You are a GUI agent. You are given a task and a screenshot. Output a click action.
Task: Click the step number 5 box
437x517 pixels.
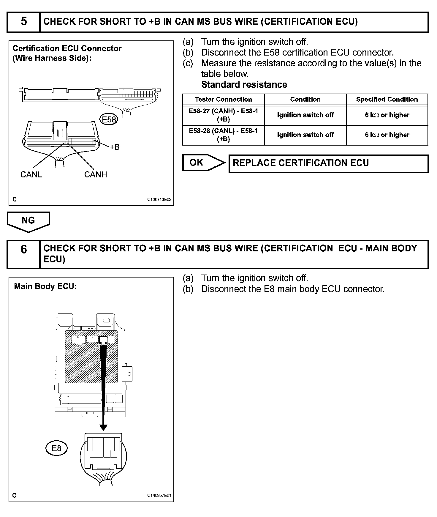(x=23, y=22)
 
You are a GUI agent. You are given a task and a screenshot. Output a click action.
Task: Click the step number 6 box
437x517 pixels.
(x=23, y=254)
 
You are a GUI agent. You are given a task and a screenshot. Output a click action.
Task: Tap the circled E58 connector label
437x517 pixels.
(x=109, y=119)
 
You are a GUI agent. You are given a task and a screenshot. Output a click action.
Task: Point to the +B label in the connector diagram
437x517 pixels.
(x=114, y=147)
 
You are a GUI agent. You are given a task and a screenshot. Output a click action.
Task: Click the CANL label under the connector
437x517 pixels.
(x=31, y=174)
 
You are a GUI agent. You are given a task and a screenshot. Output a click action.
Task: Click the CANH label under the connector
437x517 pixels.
(x=96, y=174)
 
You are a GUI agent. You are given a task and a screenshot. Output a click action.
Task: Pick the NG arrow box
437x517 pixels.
(x=28, y=221)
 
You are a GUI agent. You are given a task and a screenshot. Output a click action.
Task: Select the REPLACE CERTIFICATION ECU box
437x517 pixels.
(x=328, y=163)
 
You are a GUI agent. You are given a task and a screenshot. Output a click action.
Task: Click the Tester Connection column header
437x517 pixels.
(x=223, y=99)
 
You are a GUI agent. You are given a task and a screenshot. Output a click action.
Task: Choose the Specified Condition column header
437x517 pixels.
(x=387, y=99)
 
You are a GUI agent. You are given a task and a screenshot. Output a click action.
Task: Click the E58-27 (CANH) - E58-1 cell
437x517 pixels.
(x=223, y=115)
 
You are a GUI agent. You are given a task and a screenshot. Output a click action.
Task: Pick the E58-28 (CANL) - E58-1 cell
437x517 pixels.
(x=223, y=135)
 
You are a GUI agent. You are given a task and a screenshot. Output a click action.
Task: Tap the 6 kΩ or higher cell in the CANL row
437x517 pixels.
(x=387, y=135)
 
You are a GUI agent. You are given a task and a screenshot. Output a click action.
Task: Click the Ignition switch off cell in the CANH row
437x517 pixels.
(x=305, y=115)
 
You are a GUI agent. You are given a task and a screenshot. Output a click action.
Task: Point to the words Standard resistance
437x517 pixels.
(x=244, y=85)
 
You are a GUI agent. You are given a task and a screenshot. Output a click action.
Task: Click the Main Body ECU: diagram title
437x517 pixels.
(x=45, y=286)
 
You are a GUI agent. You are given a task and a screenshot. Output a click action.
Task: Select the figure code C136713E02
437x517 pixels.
(x=159, y=200)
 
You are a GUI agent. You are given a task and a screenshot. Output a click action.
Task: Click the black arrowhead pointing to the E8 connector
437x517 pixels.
(x=103, y=427)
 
